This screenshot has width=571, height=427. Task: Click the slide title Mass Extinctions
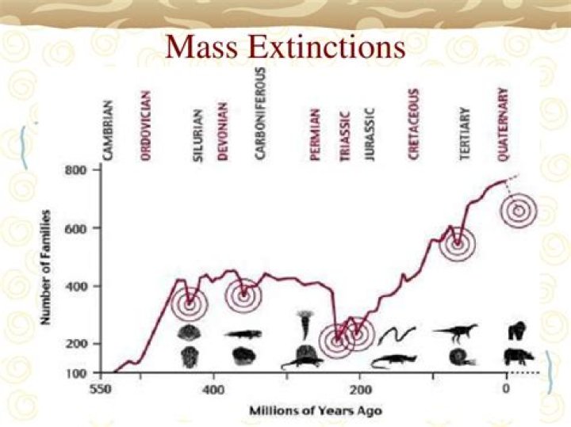click(x=285, y=48)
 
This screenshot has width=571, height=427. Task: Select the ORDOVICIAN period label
click(x=145, y=126)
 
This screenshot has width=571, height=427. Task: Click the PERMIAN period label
click(x=315, y=135)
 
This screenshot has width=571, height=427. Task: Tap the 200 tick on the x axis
click(x=360, y=390)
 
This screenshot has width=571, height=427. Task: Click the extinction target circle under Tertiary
click(x=457, y=244)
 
